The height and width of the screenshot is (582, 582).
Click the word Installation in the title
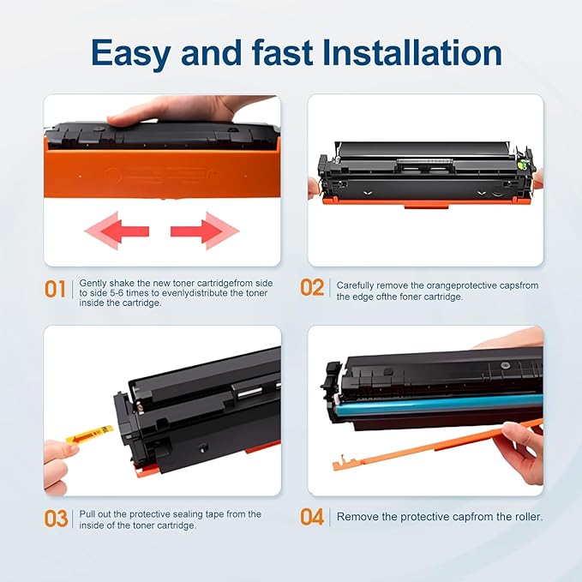coord(411,53)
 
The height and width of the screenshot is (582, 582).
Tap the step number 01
coord(55,290)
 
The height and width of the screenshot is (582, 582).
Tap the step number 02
coord(312,287)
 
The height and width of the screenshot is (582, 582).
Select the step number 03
coord(56,519)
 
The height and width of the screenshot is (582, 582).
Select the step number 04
coord(312,517)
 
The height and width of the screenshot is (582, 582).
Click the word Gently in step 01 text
coord(93,282)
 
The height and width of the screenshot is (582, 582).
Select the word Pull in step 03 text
coord(88,514)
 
